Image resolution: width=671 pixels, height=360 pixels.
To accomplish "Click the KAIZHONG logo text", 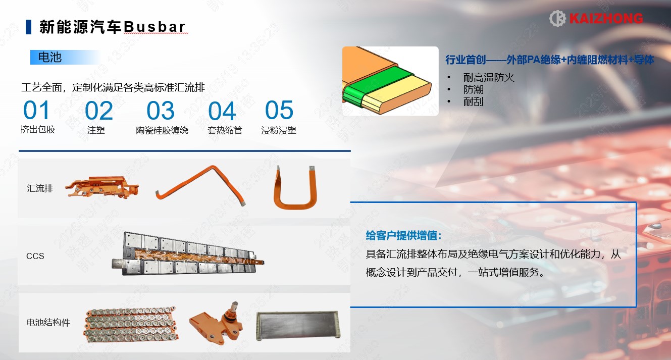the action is click(x=606, y=19).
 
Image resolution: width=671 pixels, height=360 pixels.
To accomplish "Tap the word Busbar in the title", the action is click(x=154, y=27).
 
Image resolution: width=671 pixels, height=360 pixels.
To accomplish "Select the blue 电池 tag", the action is click(x=65, y=57).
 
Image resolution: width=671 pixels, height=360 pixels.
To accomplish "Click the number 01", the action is click(x=36, y=110).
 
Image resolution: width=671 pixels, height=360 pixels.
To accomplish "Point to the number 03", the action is click(x=161, y=111).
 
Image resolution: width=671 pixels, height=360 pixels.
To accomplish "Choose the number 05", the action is click(x=279, y=110).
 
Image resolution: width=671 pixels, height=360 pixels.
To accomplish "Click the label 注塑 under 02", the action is click(x=96, y=130).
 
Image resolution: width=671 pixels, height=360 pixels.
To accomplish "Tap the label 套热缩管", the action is click(x=225, y=130).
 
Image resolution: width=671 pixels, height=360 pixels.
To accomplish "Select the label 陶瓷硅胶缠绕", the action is click(x=162, y=130).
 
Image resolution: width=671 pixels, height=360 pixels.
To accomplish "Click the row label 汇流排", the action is click(x=40, y=188).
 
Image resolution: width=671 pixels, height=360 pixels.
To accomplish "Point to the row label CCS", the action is click(x=35, y=256).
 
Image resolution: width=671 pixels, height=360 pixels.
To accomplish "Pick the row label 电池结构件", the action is click(x=48, y=323).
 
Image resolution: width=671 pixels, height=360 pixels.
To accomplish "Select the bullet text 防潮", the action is click(x=473, y=89).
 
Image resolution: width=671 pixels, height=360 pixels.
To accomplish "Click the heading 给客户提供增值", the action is click(x=403, y=235).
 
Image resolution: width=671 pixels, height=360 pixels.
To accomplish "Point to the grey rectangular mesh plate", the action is click(x=298, y=326).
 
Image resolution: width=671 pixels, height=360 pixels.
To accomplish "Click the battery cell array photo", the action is click(x=131, y=324).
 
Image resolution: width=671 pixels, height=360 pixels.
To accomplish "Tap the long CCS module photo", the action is click(x=188, y=254).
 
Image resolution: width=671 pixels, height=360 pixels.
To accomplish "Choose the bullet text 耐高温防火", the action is click(x=489, y=78).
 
